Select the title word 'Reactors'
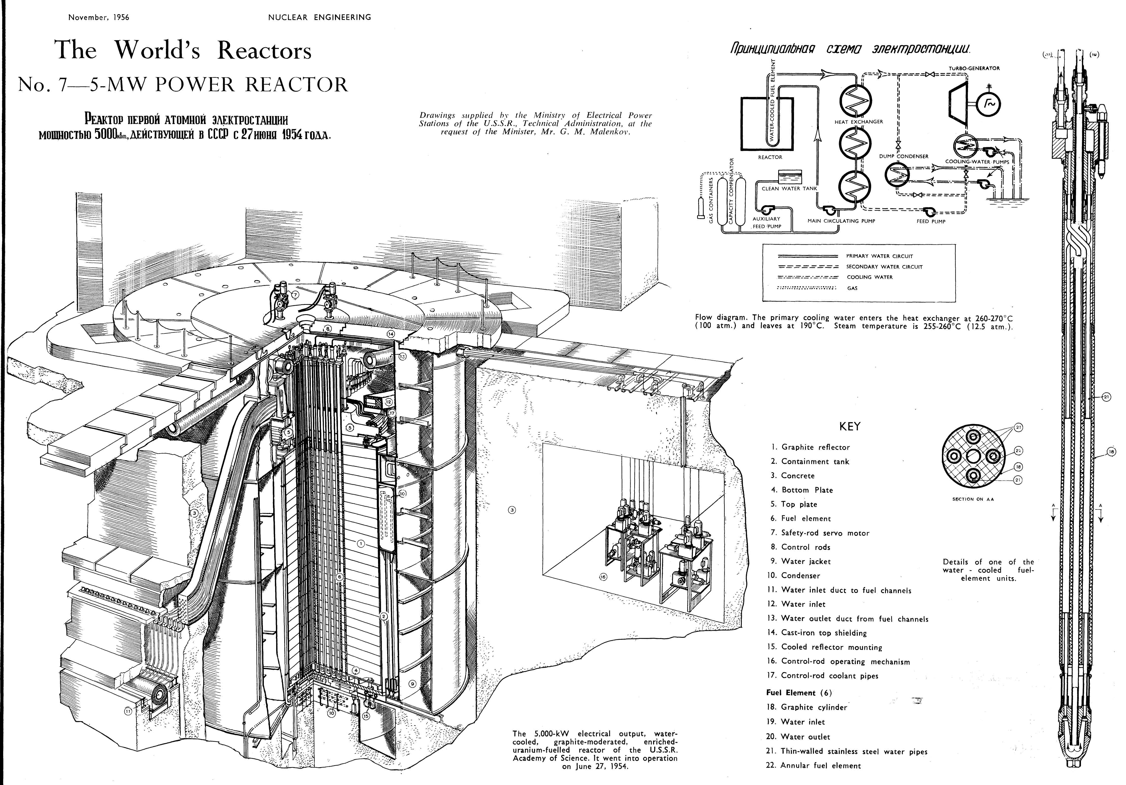pos(264,50)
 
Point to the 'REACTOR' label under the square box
pos(770,157)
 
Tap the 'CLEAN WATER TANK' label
pos(789,188)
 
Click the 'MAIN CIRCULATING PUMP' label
pos(841,221)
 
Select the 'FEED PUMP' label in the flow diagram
pos(931,221)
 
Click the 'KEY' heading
pos(850,426)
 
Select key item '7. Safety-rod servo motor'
pos(820,533)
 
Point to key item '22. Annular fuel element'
pos(813,765)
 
